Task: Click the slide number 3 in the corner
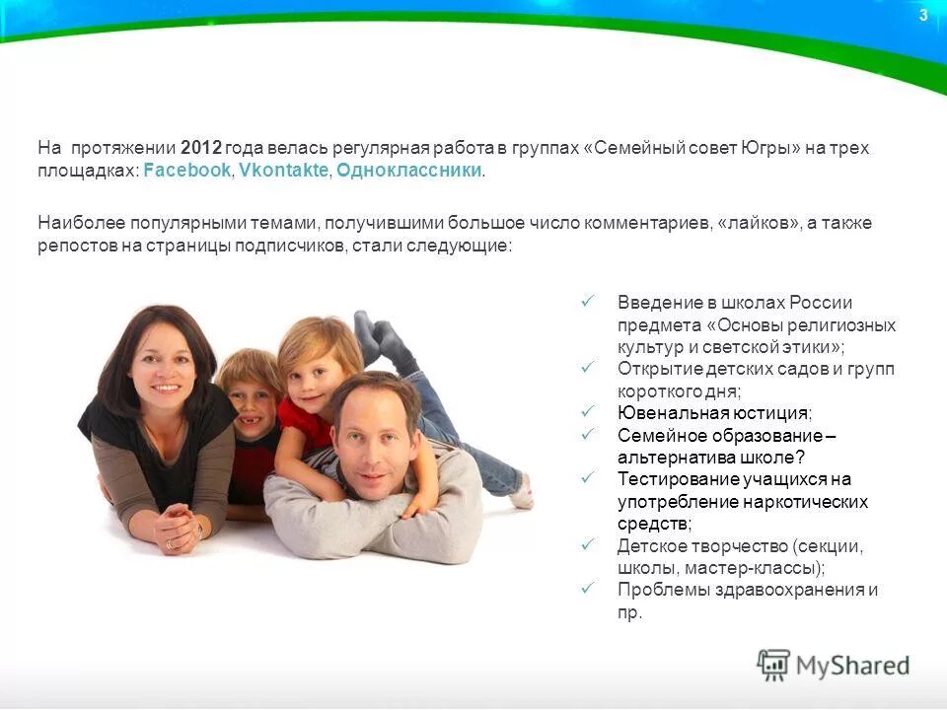click(x=923, y=15)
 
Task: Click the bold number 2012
click(x=201, y=148)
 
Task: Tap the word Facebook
click(x=187, y=171)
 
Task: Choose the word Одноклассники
click(x=409, y=171)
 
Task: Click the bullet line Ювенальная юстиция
click(x=715, y=413)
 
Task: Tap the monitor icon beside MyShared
click(x=774, y=665)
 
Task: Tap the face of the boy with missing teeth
click(x=250, y=395)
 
